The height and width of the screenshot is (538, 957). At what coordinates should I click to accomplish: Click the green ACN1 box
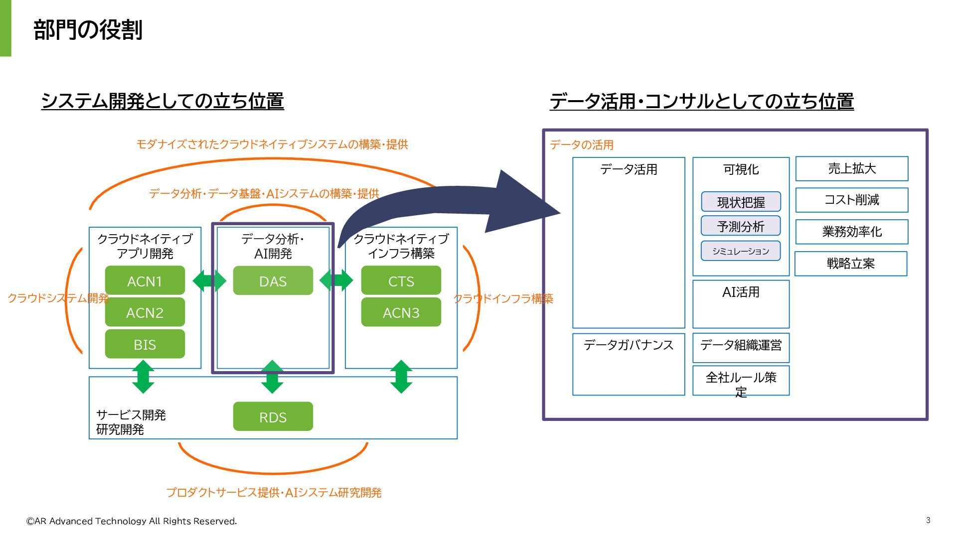[x=145, y=280]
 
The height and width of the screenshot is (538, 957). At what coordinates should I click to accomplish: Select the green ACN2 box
[x=145, y=312]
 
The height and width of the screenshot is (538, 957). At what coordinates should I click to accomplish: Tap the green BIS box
[x=145, y=344]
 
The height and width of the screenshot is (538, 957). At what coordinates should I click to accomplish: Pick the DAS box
[x=273, y=280]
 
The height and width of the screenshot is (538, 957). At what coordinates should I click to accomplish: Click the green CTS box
[x=401, y=280]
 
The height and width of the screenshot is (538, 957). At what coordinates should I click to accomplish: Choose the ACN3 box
[x=401, y=312]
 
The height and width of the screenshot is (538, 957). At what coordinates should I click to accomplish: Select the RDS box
[x=273, y=416]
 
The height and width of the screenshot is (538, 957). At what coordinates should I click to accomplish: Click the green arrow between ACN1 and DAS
[x=209, y=280]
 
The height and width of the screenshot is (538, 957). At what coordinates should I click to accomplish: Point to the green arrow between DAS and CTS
[x=336, y=280]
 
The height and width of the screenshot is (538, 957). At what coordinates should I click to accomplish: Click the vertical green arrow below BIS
[x=143, y=377]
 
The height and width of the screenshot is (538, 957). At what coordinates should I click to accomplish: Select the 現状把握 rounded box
[x=741, y=202]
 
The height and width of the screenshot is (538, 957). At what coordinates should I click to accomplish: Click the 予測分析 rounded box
[x=741, y=226]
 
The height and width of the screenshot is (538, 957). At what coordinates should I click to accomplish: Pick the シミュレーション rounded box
[x=741, y=251]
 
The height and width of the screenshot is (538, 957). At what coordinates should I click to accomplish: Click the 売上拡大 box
[x=852, y=169]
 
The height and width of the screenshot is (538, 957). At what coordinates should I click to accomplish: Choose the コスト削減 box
[x=852, y=200]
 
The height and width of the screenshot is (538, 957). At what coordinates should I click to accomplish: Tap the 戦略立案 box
[x=851, y=264]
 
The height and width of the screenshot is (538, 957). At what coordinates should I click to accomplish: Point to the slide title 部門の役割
[x=88, y=30]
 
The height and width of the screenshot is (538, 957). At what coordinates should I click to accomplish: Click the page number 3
[x=928, y=520]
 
